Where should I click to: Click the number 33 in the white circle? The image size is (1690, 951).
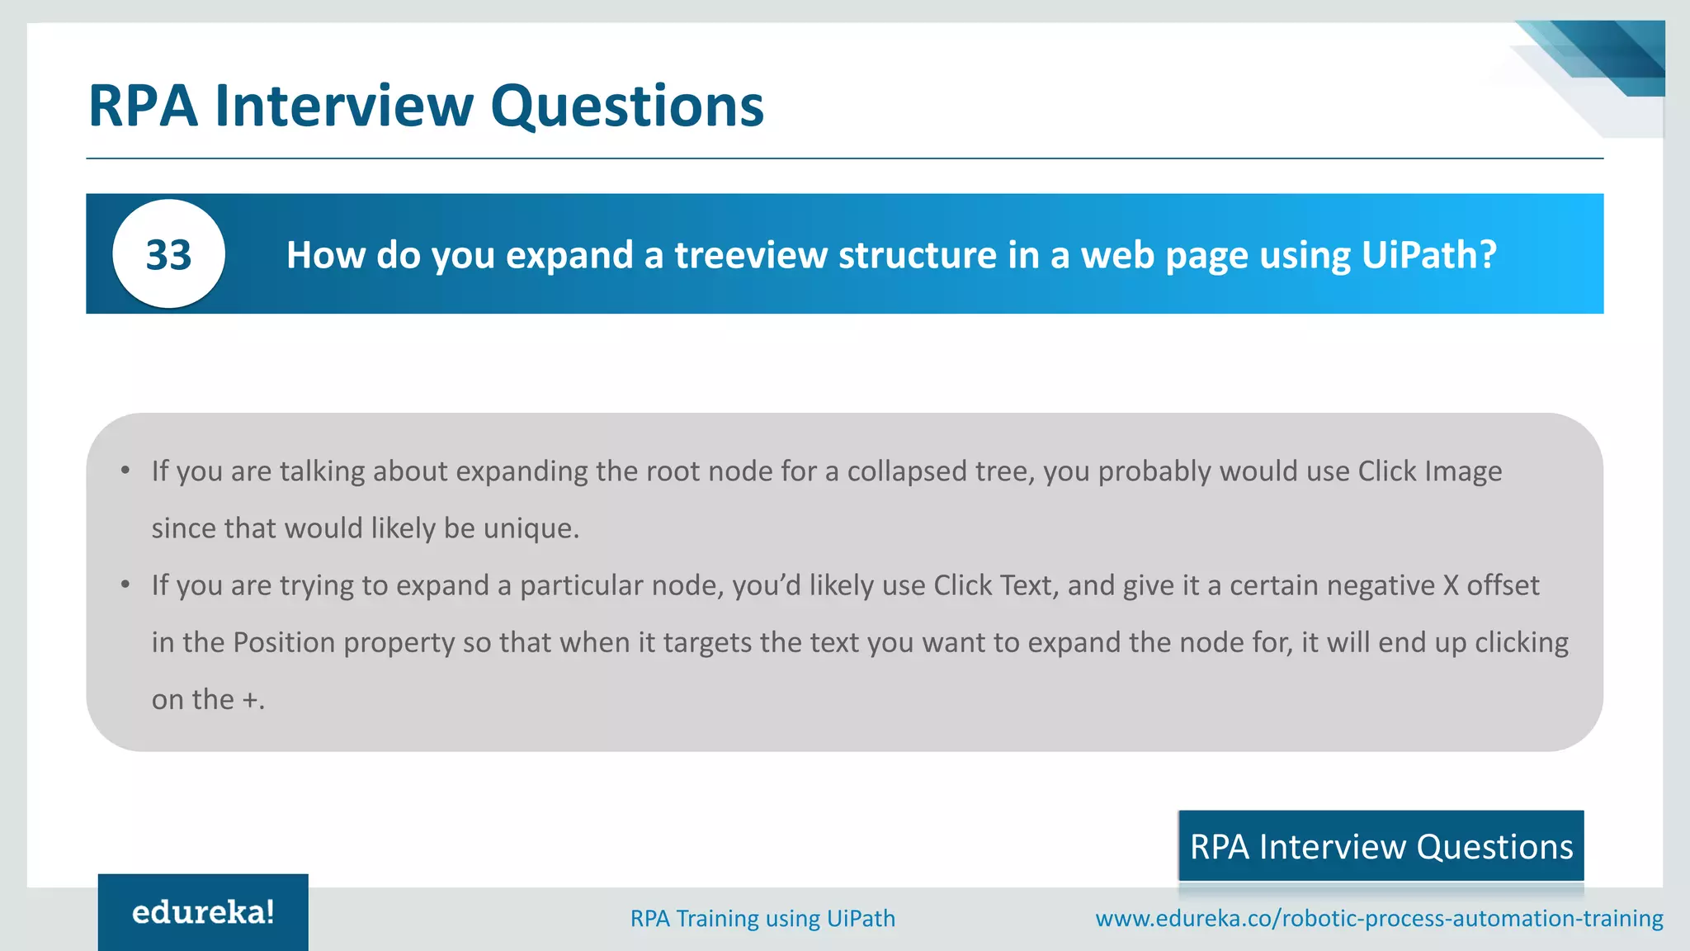tap(168, 255)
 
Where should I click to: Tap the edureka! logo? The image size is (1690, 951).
tap(203, 912)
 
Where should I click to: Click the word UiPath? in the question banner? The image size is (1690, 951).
tap(1428, 255)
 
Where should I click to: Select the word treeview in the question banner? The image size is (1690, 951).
tap(751, 255)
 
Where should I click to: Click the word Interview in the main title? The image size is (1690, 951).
tap(344, 106)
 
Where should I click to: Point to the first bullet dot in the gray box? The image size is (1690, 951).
tap(125, 471)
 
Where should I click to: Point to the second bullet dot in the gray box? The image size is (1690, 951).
tap(125, 585)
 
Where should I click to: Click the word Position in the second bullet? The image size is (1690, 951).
tap(284, 642)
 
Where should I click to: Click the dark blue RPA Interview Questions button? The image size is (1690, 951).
tap(1381, 846)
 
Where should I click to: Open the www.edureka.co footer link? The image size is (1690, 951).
tap(1379, 918)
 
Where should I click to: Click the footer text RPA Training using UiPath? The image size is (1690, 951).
tap(762, 918)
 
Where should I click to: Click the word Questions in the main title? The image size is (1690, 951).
tap(627, 106)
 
